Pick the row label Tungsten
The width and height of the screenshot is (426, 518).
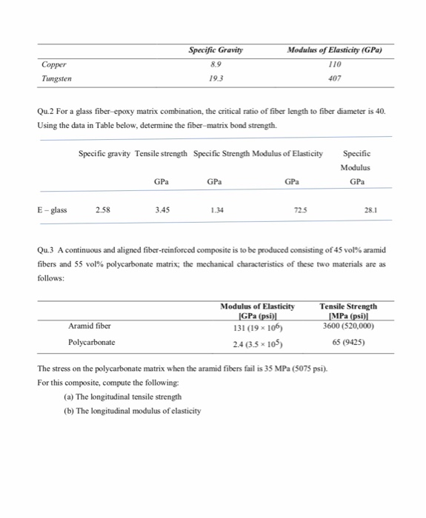56,78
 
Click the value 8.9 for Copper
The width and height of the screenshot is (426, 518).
216,64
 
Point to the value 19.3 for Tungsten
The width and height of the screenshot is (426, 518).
216,78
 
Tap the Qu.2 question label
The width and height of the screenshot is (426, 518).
46,111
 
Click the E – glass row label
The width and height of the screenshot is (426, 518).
52,209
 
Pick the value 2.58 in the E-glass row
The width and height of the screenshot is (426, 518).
104,209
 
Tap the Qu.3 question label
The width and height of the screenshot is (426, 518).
46,249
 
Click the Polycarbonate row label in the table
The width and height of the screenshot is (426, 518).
92,343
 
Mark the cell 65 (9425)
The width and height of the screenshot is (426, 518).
347,343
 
